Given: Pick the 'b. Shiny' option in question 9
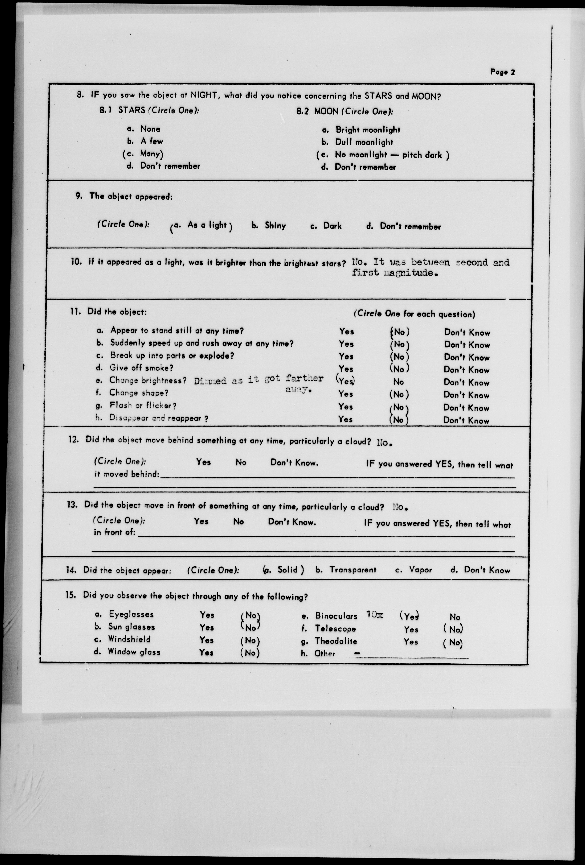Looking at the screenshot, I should [x=269, y=226].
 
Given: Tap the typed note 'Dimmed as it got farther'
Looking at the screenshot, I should [x=258, y=380].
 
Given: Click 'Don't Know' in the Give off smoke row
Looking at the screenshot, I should [x=466, y=370].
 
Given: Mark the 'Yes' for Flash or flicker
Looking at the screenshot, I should [x=346, y=407].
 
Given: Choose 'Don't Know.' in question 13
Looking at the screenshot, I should [x=292, y=522].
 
